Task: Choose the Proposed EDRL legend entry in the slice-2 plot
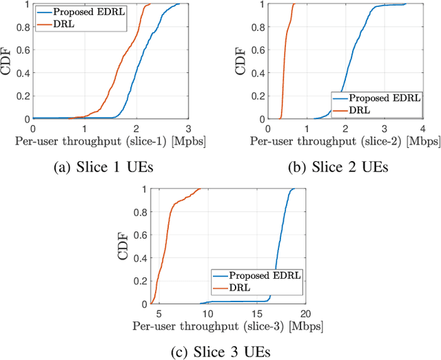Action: pos(376,97)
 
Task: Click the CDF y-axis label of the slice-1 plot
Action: pos(8,61)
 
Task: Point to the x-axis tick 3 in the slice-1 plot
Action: pos(187,127)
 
